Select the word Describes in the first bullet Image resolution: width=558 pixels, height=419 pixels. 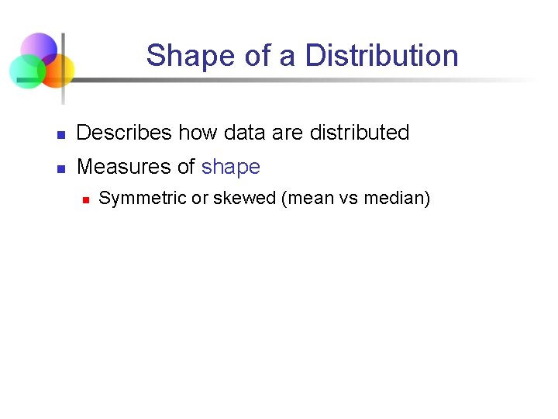(124, 133)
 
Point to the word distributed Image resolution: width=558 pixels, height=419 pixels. (359, 133)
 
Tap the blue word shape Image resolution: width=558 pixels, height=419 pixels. (230, 167)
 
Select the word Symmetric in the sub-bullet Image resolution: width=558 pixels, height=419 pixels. (143, 199)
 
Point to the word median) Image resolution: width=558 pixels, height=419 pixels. (397, 199)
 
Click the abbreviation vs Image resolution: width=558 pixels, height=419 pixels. (350, 199)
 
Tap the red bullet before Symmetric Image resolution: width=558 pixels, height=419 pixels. (86, 200)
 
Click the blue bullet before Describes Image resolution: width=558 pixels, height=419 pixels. (60, 135)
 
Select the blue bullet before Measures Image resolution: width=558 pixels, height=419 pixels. (60, 169)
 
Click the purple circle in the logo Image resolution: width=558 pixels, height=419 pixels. (39, 48)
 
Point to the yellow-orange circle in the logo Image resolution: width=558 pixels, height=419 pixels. (57, 70)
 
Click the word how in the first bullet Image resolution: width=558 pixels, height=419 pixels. (198, 133)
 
